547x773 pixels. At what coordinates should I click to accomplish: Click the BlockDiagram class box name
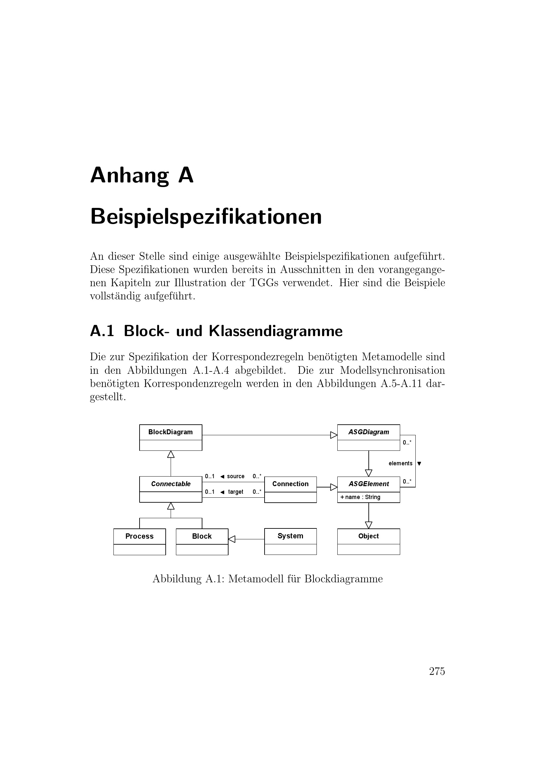(170, 432)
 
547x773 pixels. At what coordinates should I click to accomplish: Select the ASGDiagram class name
(368, 432)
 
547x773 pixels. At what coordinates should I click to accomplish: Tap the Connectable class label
(171, 484)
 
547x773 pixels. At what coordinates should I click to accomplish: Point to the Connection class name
(290, 484)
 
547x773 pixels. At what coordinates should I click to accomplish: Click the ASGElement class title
(368, 484)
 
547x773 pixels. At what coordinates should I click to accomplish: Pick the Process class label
(140, 536)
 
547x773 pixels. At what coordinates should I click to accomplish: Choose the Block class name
(202, 536)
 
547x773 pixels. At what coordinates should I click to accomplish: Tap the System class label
(290, 536)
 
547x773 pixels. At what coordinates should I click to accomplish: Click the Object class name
(368, 536)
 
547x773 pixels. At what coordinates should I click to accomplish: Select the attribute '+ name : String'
(360, 497)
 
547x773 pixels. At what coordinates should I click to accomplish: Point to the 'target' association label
(235, 492)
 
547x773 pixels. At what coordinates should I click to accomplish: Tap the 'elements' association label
(400, 463)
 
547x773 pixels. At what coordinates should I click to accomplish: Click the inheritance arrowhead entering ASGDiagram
(334, 435)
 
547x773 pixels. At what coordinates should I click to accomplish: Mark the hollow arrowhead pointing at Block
(232, 539)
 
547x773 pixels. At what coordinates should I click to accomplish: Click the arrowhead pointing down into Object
(368, 525)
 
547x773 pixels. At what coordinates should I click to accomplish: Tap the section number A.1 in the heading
(102, 331)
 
